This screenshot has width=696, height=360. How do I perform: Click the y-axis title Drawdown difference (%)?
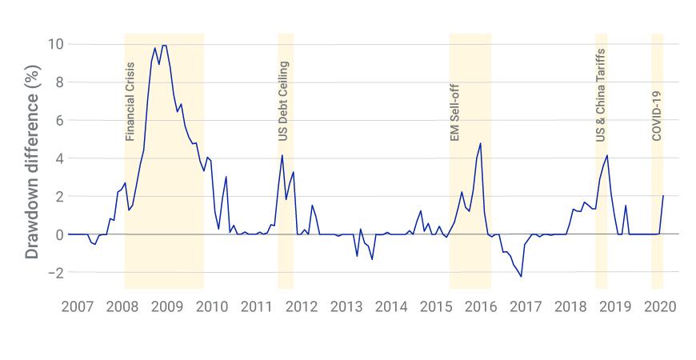pyautogui.click(x=32, y=175)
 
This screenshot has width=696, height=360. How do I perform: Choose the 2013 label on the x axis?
pyautogui.click(x=346, y=307)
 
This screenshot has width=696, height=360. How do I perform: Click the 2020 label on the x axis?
pyautogui.click(x=661, y=307)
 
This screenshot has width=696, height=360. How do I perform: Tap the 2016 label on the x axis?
pyautogui.click(x=481, y=307)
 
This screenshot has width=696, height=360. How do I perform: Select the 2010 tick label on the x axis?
pyautogui.click(x=212, y=307)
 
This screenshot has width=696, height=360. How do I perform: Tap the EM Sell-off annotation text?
pyautogui.click(x=455, y=110)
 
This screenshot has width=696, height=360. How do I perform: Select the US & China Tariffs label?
pyautogui.click(x=601, y=95)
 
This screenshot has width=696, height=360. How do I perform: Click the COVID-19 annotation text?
pyautogui.click(x=657, y=115)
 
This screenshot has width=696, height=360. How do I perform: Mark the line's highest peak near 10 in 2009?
pyautogui.click(x=164, y=46)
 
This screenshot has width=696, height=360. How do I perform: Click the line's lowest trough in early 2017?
pyautogui.click(x=522, y=277)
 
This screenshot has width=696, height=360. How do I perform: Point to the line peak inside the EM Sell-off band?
pyautogui.click(x=480, y=143)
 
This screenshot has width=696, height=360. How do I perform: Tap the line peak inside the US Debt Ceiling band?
pyautogui.click(x=282, y=155)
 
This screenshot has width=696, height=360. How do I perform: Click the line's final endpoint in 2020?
pyautogui.click(x=663, y=196)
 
